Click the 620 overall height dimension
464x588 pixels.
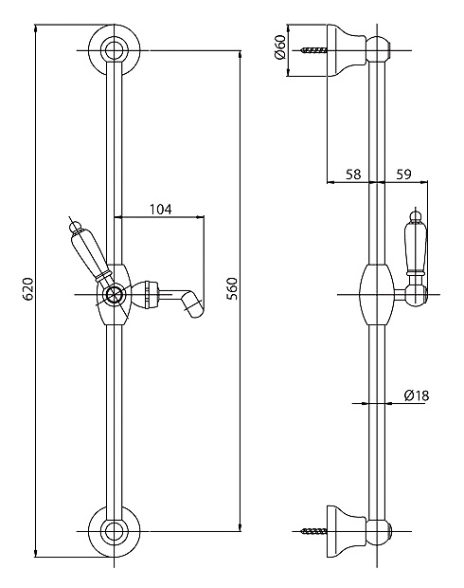tap(28, 289)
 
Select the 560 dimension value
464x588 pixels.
tap(232, 289)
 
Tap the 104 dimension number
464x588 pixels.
tap(161, 209)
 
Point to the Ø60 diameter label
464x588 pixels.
tap(280, 47)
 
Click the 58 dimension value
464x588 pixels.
tap(353, 174)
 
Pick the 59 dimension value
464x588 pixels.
tap(403, 174)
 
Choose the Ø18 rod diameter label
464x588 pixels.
tap(417, 395)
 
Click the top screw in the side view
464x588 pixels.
tap(313, 50)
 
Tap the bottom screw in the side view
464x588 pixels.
tap(313, 531)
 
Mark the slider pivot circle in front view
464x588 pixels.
tap(114, 295)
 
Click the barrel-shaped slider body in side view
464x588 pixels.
tap(377, 295)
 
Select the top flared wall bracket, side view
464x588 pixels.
tap(347, 50)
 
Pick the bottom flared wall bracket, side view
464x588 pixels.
tap(347, 531)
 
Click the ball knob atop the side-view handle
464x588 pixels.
tap(416, 214)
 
